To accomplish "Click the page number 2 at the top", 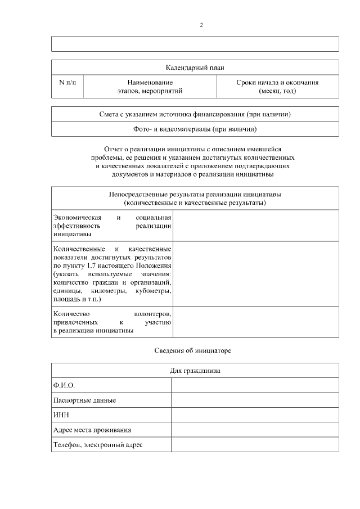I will tap(201, 25).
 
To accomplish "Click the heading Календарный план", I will tap(195, 67).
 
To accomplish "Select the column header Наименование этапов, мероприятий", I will tap(146, 87).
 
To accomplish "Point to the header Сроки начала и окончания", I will tap(277, 83).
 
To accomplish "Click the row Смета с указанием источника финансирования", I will tap(195, 115).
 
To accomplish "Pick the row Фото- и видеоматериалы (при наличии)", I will tap(195, 129).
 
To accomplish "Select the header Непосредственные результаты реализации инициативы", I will tap(195, 194).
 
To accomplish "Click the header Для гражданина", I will tap(195, 371).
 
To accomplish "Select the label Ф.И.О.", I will tap(64, 385).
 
